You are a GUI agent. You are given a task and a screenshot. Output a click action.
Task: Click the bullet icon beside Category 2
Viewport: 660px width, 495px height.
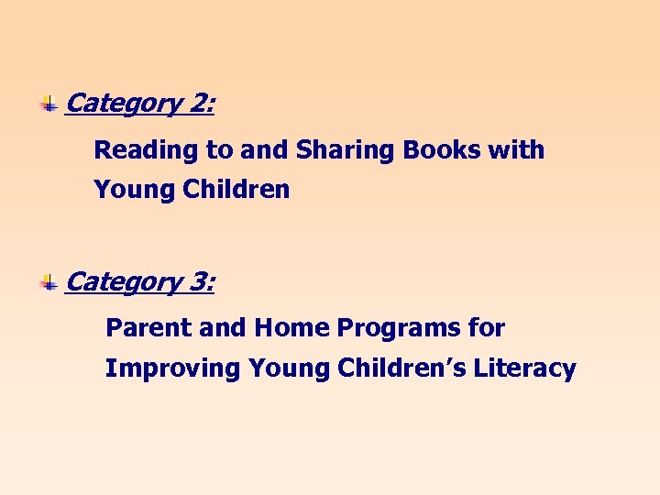(x=49, y=104)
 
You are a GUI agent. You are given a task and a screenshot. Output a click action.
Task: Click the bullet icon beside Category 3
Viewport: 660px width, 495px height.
(x=49, y=282)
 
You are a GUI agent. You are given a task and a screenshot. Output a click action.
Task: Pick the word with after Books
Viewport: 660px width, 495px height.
(x=517, y=149)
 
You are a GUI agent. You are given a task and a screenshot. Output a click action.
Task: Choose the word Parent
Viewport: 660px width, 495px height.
(x=144, y=327)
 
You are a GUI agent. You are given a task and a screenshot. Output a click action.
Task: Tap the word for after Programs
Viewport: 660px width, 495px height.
(x=489, y=327)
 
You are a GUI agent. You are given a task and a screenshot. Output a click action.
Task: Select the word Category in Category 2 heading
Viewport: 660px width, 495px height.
(x=125, y=104)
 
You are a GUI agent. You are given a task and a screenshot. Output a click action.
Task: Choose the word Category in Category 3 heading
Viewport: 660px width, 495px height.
(x=125, y=282)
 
